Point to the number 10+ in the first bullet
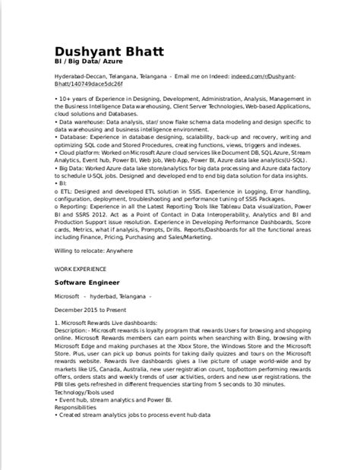tap(67, 98)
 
